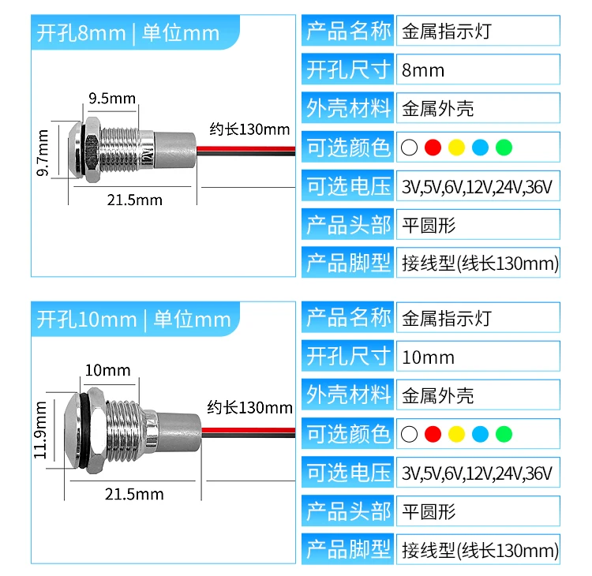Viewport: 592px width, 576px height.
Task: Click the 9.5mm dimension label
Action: [x=112, y=99]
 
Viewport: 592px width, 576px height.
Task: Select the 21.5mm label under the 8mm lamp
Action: [x=134, y=200]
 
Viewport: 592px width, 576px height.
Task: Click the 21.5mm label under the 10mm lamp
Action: [x=134, y=494]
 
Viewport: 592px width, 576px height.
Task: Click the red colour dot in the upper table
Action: [x=432, y=147]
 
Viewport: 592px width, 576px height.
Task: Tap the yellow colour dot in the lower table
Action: [x=456, y=433]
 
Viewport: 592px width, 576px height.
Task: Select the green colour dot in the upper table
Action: [x=504, y=147]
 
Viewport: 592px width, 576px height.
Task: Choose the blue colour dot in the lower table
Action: [x=480, y=433]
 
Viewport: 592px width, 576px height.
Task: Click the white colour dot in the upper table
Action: [x=409, y=147]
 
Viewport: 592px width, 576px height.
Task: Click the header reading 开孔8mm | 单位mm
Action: [x=128, y=33]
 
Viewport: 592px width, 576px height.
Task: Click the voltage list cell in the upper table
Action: [x=477, y=187]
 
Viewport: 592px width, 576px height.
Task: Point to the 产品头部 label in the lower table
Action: [x=348, y=511]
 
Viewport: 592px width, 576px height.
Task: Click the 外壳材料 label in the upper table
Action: [x=348, y=108]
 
